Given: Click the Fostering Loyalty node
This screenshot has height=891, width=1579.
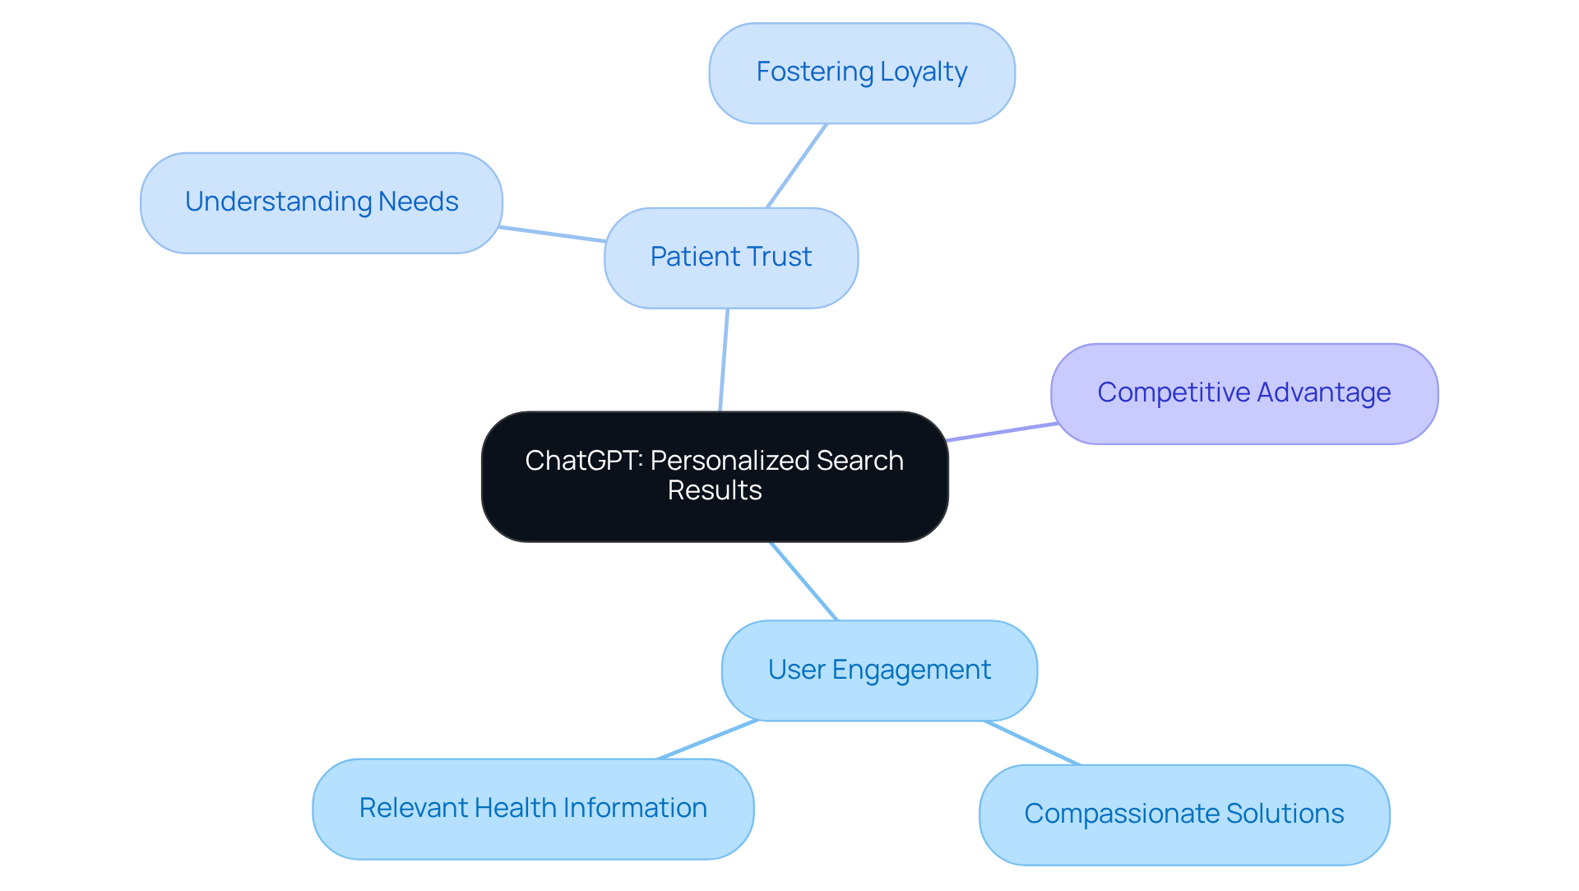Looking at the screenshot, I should tap(861, 73).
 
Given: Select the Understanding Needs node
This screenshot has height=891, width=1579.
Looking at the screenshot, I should tap(321, 202).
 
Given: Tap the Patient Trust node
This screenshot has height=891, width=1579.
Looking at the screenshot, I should tap(730, 258).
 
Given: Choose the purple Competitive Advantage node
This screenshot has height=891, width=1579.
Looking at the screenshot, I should tap(1243, 393).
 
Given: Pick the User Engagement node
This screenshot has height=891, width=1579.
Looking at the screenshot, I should tap(878, 670).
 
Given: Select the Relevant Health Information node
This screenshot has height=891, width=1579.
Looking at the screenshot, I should tap(532, 808).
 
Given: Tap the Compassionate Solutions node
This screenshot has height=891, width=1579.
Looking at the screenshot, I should tap(1183, 814).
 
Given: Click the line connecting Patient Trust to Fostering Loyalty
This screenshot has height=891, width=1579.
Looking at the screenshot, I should tap(796, 166).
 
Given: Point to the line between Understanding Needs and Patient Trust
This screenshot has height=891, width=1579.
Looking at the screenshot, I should tap(553, 234).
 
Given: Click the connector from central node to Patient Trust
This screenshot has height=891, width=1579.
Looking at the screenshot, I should tap(724, 360).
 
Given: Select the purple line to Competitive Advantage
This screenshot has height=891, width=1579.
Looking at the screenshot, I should tap(1002, 432).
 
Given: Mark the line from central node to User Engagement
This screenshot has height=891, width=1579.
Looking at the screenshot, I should tap(803, 581).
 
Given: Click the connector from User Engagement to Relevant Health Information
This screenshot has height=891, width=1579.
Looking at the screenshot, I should tap(707, 740).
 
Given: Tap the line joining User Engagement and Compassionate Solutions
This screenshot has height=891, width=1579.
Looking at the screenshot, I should tap(1032, 743).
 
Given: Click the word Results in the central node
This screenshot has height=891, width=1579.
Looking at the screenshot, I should tap(714, 491).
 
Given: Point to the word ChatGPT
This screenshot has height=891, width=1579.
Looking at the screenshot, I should tap(583, 461).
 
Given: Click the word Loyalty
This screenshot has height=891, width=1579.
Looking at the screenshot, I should tap(923, 72).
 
